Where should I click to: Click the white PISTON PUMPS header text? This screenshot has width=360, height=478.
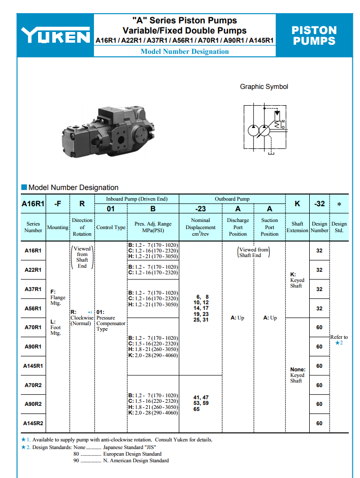314,36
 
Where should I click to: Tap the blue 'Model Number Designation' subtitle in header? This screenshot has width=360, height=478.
184,51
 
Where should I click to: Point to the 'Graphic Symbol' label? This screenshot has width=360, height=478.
264,87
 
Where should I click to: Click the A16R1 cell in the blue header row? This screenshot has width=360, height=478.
33,204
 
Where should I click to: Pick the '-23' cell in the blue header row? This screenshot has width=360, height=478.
201,208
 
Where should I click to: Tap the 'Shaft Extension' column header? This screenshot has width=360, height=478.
297,227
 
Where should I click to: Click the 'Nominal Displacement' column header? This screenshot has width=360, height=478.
201,227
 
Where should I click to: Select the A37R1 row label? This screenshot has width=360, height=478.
33,289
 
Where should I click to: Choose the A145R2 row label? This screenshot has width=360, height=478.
33,423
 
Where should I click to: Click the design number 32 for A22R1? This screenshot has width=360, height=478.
319,270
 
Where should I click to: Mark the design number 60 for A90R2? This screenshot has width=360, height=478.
319,404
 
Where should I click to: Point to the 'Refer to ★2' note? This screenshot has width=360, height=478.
339,340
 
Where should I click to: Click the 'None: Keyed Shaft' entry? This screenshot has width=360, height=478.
297,375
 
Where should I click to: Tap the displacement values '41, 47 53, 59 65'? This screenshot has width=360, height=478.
201,403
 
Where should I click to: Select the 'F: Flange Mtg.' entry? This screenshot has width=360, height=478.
57,297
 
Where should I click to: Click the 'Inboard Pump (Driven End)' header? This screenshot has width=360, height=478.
137,199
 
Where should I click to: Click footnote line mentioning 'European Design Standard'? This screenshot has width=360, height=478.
118,454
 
